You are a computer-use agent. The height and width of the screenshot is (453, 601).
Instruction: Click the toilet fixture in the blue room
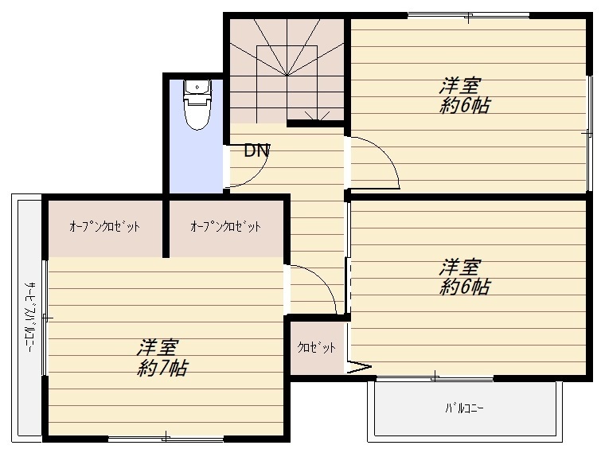tap(197, 104)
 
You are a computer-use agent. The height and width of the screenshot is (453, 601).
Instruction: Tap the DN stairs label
tap(257, 150)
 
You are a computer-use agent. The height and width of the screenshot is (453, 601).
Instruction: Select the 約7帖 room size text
tap(162, 369)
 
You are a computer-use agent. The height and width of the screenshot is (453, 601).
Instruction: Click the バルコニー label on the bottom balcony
tap(464, 408)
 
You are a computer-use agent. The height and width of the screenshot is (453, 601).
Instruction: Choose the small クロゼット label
tap(317, 347)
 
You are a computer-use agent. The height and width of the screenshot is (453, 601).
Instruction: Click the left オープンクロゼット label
tap(104, 226)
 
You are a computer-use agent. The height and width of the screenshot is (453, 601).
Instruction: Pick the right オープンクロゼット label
tap(226, 226)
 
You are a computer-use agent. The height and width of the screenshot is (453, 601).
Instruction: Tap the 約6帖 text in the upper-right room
tap(464, 105)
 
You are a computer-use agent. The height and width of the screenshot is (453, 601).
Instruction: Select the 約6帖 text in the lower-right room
tap(464, 287)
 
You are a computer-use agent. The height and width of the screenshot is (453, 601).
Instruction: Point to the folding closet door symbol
tap(359, 367)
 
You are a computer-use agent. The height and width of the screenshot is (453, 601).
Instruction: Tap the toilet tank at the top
tap(197, 88)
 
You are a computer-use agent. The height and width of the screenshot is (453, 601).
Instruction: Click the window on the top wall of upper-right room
tap(468, 16)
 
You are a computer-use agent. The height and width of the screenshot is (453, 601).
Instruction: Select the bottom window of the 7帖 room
tap(166, 439)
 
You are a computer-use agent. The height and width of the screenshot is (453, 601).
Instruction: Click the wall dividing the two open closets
tap(166, 228)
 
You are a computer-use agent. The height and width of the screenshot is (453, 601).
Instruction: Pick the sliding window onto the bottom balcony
tap(435, 378)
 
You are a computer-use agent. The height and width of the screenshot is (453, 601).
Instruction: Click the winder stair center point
tap(287, 75)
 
